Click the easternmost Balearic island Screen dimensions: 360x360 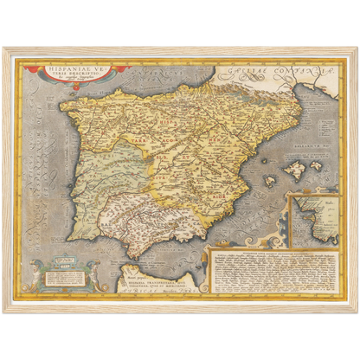click(x=317, y=165)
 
